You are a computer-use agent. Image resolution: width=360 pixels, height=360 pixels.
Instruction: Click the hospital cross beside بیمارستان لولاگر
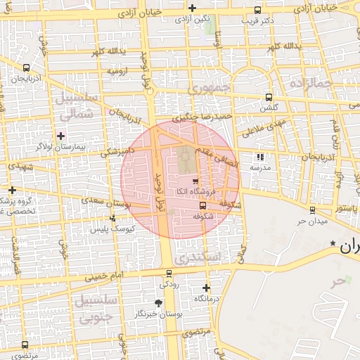(x=60, y=136)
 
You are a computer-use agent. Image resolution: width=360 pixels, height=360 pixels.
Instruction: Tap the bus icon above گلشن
(x=268, y=98)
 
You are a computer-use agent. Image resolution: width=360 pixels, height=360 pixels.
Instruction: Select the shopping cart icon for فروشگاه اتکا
(x=195, y=181)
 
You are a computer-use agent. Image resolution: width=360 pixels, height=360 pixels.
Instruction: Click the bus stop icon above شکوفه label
(x=203, y=206)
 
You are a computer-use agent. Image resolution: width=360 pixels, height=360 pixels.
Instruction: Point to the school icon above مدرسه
(x=260, y=157)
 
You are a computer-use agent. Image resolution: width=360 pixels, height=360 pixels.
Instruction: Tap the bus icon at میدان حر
(x=312, y=210)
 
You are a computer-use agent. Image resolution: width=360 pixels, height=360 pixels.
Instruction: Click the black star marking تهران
(x=333, y=243)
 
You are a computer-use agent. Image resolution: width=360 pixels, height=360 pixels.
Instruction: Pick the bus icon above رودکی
(x=169, y=274)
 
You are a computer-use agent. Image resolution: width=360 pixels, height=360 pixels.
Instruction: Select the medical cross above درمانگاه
(x=206, y=288)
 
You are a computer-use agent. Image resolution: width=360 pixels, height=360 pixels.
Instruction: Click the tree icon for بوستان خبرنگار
(x=158, y=303)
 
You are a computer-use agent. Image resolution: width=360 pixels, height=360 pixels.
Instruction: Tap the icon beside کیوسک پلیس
(x=112, y=219)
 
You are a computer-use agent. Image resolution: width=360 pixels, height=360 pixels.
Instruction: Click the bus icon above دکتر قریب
(x=258, y=11)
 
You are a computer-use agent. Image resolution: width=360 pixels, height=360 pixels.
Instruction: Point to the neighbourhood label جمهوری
(x=210, y=88)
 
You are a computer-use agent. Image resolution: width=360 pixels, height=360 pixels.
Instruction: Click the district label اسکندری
(x=200, y=258)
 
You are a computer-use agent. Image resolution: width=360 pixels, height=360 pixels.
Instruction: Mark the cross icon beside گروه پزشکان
(x=12, y=190)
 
